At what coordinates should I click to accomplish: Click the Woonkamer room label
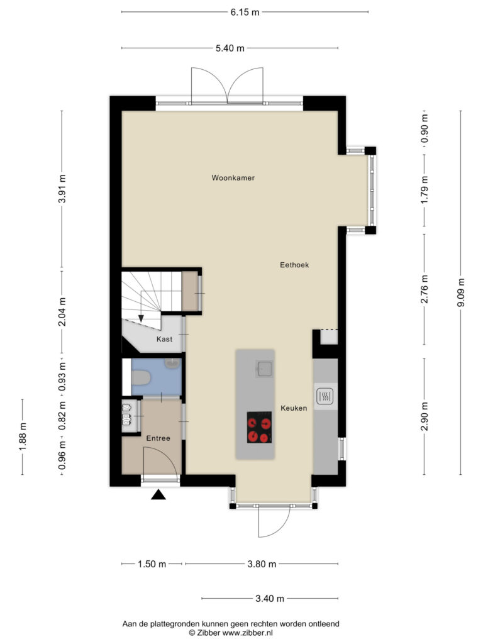click(233, 178)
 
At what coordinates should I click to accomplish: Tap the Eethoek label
click(294, 265)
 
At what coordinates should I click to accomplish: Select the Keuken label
click(294, 408)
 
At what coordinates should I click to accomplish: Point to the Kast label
click(164, 339)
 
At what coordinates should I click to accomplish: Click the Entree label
click(158, 438)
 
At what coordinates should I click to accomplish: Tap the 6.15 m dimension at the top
click(245, 12)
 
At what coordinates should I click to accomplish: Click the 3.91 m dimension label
click(62, 189)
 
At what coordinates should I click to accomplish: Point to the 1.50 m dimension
click(152, 564)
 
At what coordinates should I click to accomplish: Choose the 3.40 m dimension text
click(270, 599)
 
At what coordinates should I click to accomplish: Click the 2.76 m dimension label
click(425, 289)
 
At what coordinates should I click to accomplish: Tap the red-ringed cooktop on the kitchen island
click(259, 427)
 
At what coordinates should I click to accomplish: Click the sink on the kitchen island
click(264, 369)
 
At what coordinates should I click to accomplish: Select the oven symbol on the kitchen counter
click(325, 396)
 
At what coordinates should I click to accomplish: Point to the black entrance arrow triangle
click(158, 494)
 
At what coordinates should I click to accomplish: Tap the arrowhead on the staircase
click(141, 318)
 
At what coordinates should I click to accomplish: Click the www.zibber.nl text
click(247, 633)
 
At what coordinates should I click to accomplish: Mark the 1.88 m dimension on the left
click(23, 436)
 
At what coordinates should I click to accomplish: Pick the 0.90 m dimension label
click(425, 128)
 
